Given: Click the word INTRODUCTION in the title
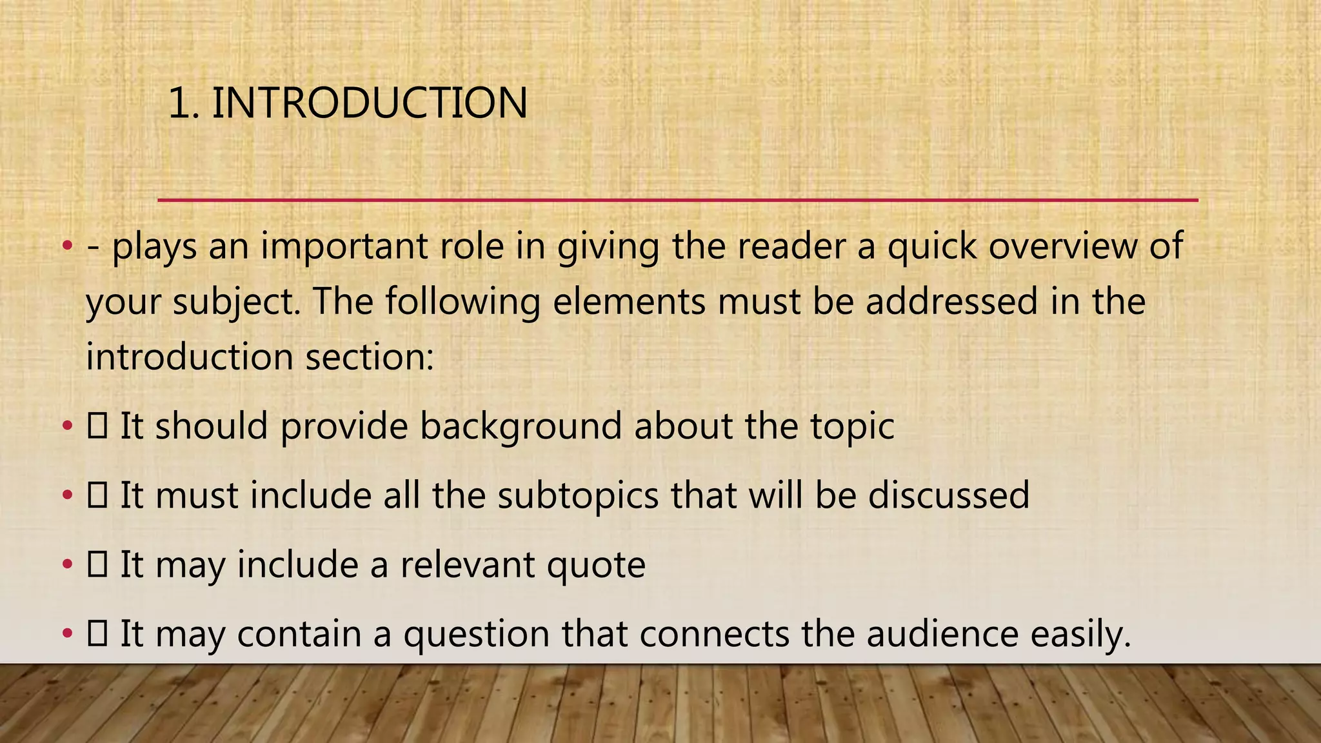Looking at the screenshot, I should (370, 103).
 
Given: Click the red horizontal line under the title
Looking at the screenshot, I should (677, 201).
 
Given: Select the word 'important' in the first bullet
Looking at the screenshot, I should (344, 246).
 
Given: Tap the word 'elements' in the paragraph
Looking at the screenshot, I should (629, 302).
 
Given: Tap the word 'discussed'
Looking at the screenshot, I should (948, 495).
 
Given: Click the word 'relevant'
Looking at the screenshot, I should (468, 565).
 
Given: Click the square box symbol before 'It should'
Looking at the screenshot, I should (97, 426).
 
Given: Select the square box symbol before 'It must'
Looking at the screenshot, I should (97, 495).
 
